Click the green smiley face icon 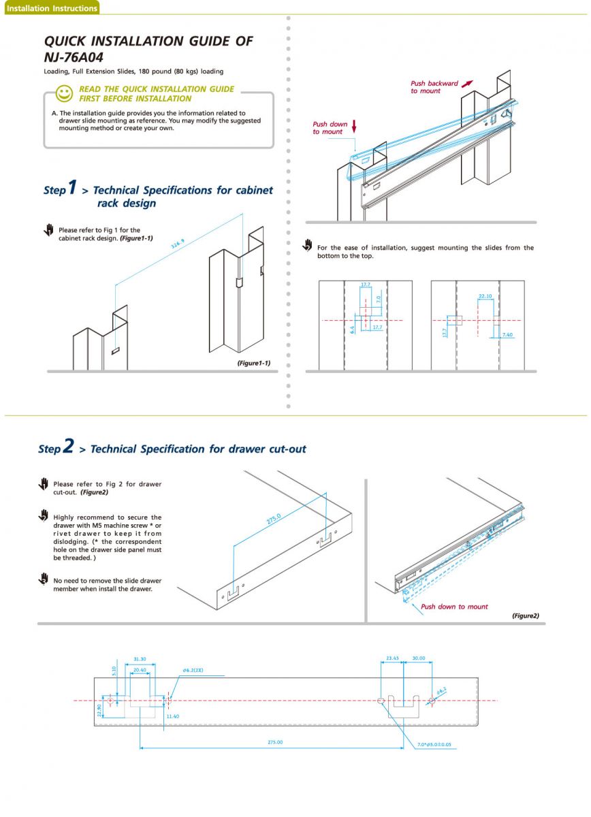pos(64,93)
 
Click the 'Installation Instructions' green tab pos(51,8)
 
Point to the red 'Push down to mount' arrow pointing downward pos(354,127)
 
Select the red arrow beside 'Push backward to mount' pos(467,83)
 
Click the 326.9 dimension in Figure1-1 pos(178,244)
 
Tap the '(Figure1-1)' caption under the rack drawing pos(253,363)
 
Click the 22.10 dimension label pos(485,296)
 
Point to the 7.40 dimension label pos(507,335)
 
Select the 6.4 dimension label pos(352,329)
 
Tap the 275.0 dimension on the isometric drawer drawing pos(273,522)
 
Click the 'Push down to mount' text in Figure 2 pos(454,607)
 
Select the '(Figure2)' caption pos(525,615)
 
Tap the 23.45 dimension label pos(393,658)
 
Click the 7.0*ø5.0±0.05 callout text pos(434,745)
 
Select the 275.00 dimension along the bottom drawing pos(275,742)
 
